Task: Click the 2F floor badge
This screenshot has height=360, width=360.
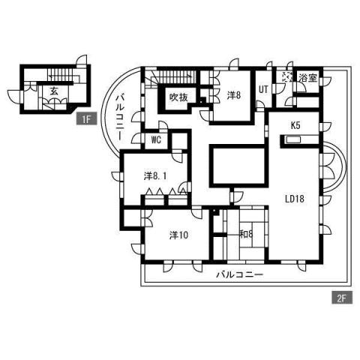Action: click(340, 298)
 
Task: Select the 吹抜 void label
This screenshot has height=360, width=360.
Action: click(178, 97)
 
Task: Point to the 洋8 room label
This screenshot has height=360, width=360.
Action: click(234, 94)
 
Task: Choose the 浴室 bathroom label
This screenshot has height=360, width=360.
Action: click(307, 78)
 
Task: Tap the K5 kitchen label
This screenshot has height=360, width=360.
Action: click(296, 125)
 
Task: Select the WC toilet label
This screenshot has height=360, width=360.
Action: click(157, 139)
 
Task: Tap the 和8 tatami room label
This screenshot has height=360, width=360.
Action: click(244, 234)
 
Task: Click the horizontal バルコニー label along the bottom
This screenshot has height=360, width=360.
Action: click(239, 274)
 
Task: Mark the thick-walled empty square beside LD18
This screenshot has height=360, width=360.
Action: click(237, 165)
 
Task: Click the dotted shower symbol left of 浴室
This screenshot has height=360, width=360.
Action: click(287, 77)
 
